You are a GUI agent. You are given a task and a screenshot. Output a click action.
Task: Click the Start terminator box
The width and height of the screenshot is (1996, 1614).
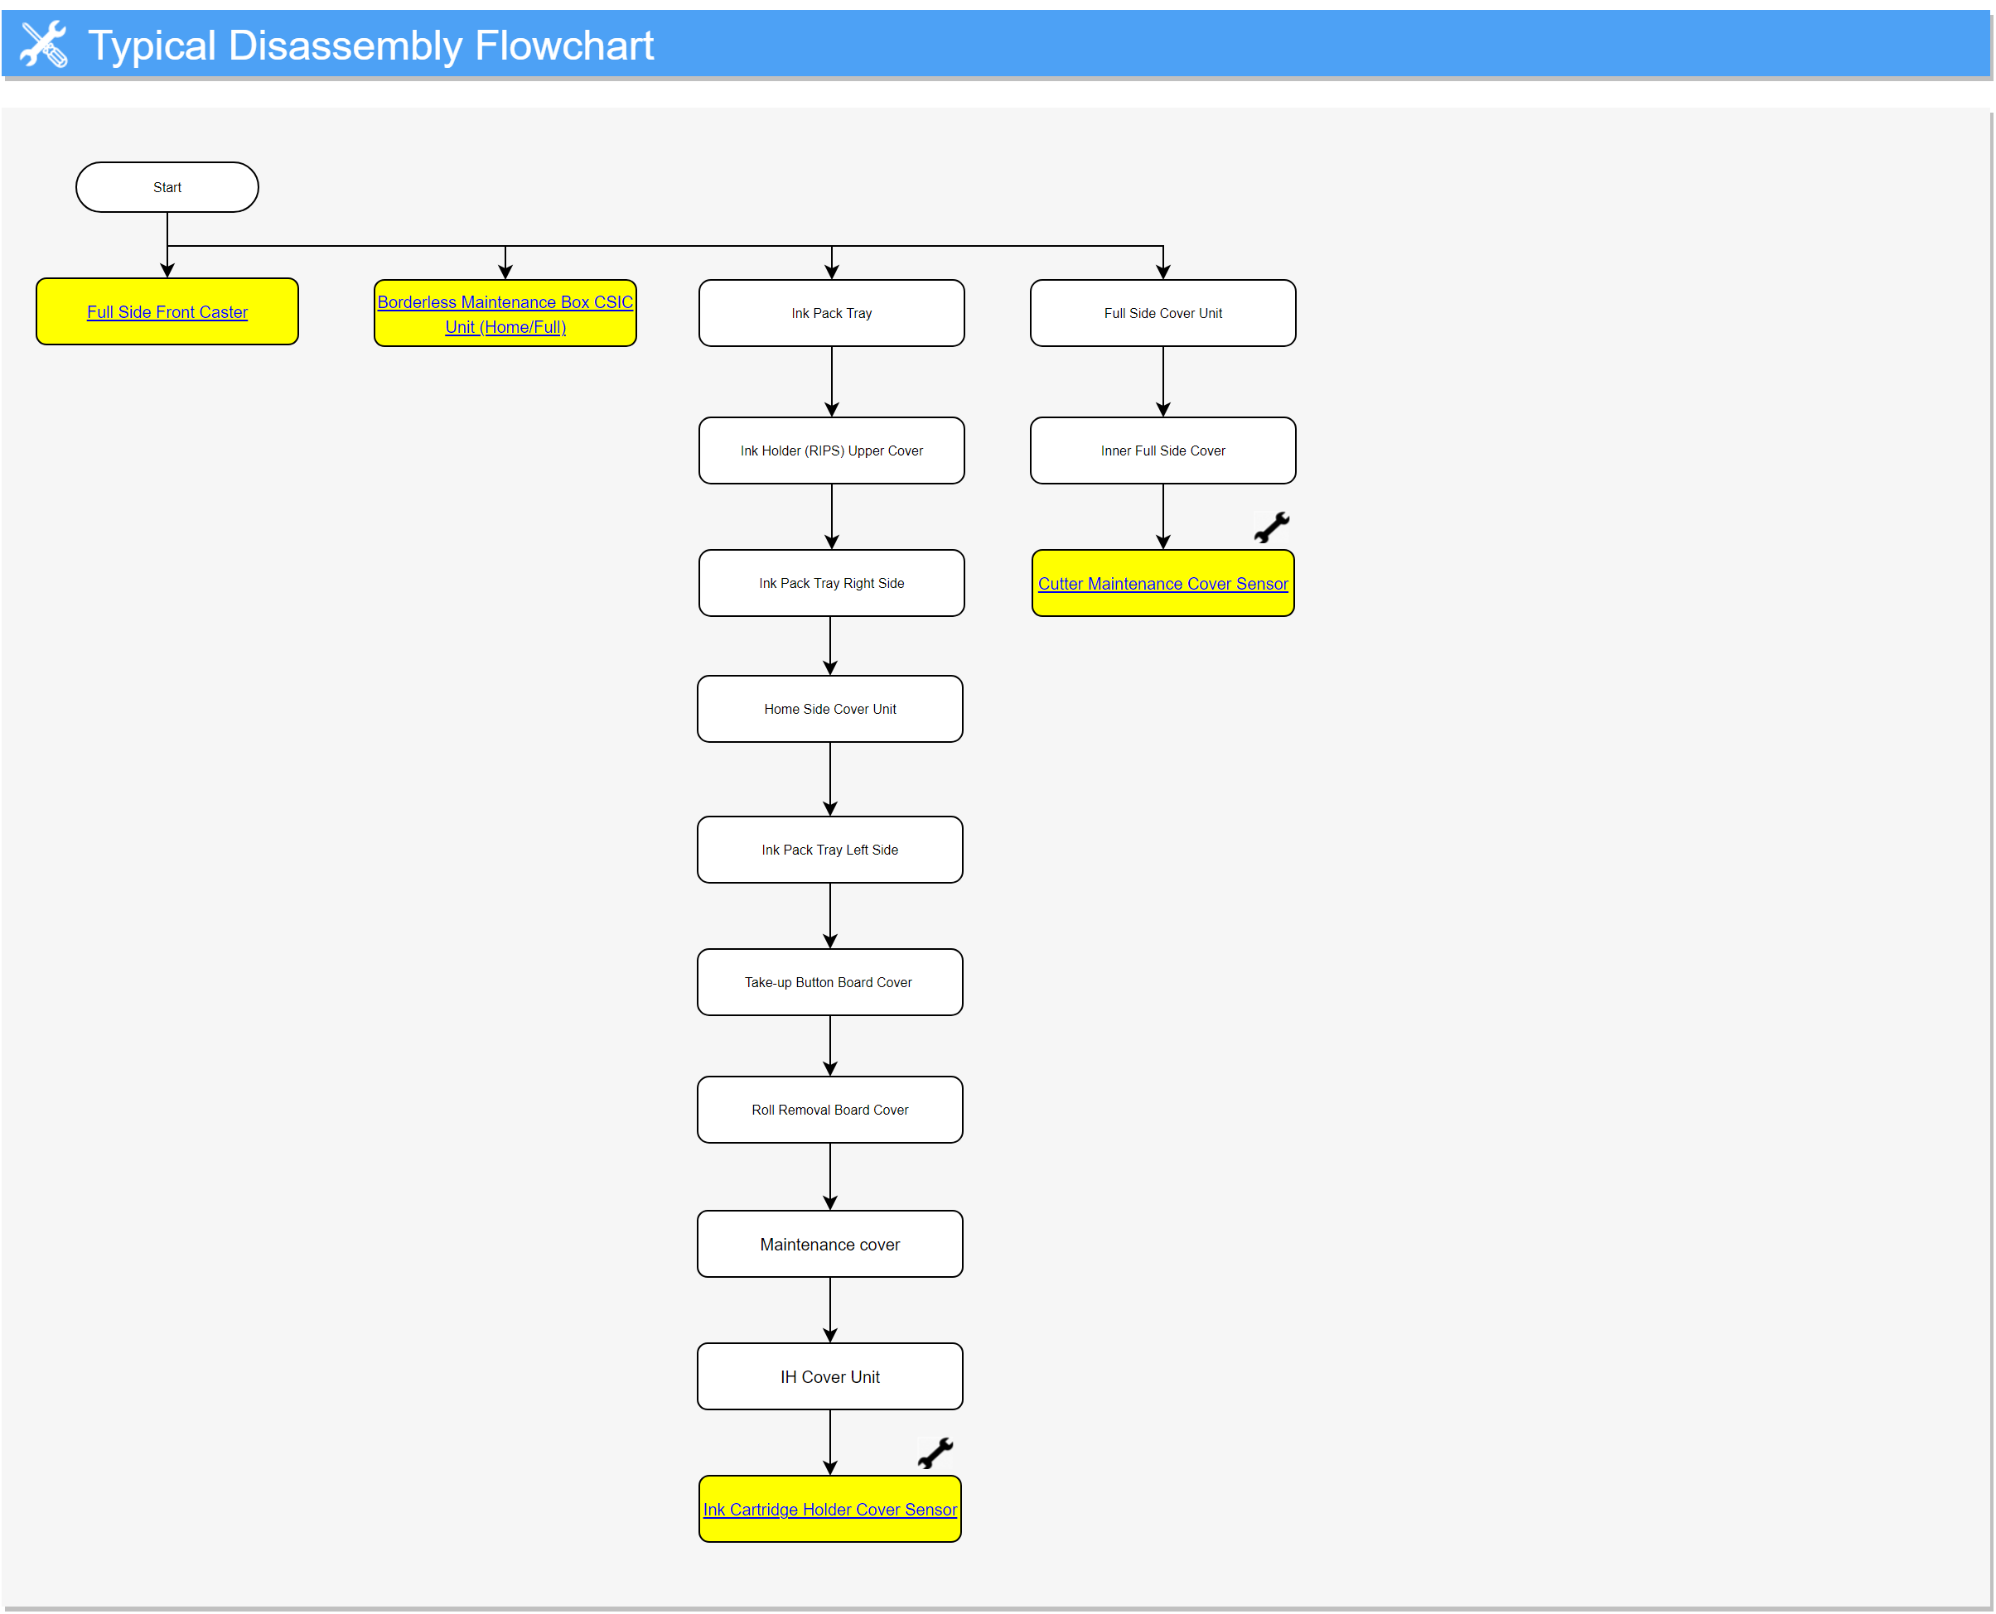click(x=167, y=187)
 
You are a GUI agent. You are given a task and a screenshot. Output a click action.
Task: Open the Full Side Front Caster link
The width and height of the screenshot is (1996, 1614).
click(x=167, y=312)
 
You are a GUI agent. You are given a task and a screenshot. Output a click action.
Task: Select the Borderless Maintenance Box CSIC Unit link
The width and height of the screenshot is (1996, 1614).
click(x=505, y=314)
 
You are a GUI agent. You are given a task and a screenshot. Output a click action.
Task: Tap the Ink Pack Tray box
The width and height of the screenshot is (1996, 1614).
click(x=832, y=313)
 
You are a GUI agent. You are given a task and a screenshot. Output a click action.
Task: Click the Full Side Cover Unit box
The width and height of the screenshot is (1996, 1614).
click(x=1162, y=313)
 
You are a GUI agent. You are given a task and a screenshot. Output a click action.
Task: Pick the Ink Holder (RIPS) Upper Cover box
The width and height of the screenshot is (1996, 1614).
click(x=832, y=451)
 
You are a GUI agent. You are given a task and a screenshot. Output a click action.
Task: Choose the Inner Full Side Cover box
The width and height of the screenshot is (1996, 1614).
click(x=1162, y=451)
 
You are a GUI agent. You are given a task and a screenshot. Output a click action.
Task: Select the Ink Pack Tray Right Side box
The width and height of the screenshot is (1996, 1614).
click(x=832, y=583)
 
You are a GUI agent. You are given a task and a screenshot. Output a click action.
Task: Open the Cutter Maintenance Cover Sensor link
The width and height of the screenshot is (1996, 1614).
click(x=1162, y=584)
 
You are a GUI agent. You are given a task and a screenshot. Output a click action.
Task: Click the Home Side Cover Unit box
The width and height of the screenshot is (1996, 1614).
click(x=829, y=710)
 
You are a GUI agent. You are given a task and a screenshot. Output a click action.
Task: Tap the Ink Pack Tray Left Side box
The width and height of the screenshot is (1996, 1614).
click(x=829, y=850)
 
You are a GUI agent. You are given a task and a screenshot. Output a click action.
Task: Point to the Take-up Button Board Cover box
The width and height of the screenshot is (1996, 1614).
click(x=829, y=983)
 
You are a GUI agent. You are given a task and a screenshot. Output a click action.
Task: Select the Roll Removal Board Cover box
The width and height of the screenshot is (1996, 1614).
click(x=829, y=1110)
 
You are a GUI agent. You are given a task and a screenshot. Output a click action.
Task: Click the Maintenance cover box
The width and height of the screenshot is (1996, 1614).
click(x=829, y=1244)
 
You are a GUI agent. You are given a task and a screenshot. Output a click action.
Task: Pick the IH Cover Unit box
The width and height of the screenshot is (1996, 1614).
click(x=829, y=1377)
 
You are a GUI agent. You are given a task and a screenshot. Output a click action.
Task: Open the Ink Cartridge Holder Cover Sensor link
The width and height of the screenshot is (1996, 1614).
click(x=829, y=1510)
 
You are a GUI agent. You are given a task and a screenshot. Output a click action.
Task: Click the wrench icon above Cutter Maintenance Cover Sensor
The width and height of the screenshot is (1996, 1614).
click(x=1272, y=528)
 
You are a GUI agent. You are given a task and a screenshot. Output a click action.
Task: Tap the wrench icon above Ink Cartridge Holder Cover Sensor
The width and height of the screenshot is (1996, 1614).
click(x=935, y=1453)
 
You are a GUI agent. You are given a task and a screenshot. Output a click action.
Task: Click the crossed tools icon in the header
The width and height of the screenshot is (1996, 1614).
click(x=44, y=44)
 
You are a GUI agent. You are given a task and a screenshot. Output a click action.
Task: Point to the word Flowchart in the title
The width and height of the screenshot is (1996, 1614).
click(x=564, y=46)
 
